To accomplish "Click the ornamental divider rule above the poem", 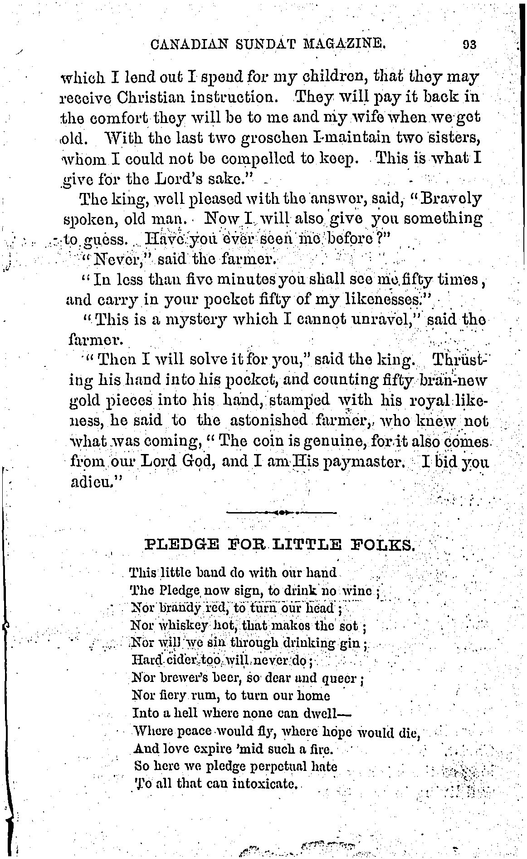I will (281, 513).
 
